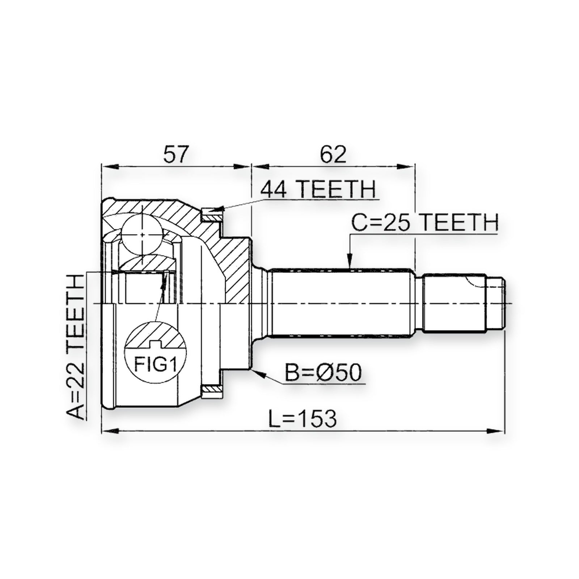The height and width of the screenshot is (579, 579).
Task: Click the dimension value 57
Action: pos(177,154)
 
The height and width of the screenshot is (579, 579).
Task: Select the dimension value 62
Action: pos(333,154)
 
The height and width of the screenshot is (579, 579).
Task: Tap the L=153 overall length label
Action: pos(303,419)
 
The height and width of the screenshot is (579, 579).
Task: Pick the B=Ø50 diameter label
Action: pos(323,373)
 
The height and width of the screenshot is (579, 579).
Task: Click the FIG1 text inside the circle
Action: pos(155,364)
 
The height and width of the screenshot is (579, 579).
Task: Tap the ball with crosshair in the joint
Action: pos(141,234)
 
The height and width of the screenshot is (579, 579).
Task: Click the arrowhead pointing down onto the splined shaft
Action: pos(350,262)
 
